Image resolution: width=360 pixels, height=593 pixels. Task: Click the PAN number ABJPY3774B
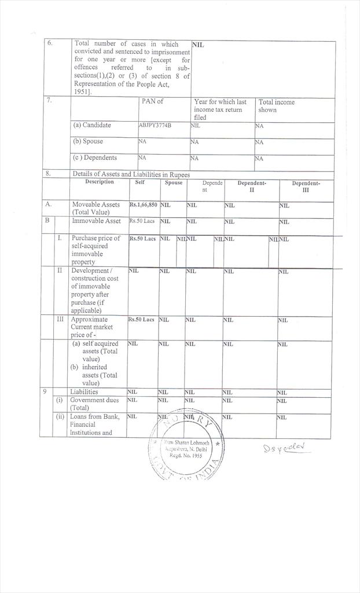point(155,125)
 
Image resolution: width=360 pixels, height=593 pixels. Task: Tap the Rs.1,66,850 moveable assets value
point(143,205)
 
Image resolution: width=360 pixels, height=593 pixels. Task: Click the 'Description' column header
point(100,182)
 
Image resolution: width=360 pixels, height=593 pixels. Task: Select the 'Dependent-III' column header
point(306,186)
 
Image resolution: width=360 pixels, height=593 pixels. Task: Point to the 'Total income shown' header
point(276,106)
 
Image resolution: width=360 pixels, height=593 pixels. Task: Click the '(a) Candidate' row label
point(92,125)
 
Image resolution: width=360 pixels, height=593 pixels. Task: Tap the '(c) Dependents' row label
point(94,158)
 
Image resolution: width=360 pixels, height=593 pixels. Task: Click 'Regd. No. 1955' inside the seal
point(186,456)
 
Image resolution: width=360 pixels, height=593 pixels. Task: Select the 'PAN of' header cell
point(152,101)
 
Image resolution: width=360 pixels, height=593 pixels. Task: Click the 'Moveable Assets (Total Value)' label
point(96,208)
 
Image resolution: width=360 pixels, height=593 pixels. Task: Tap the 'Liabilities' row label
point(84,392)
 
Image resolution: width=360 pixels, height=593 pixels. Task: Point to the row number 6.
point(50,44)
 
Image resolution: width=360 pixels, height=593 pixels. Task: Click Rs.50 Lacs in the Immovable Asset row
point(142,221)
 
